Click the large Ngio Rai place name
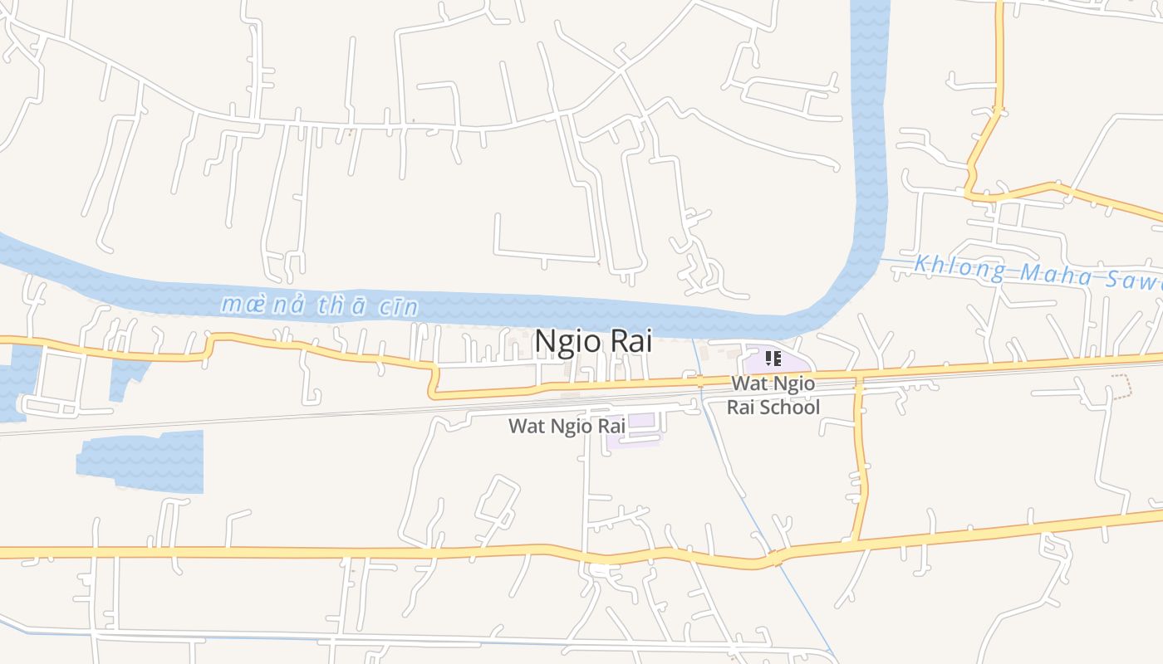(x=593, y=341)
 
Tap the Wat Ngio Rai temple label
(x=566, y=426)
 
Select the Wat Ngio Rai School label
(x=773, y=395)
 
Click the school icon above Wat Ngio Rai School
(x=773, y=359)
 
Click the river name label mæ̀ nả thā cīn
(x=319, y=305)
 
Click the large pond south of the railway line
(x=141, y=461)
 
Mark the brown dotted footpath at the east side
(x=1121, y=387)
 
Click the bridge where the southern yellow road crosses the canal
(x=776, y=559)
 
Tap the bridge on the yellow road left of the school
(x=700, y=382)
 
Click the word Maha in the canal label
(x=1047, y=273)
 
